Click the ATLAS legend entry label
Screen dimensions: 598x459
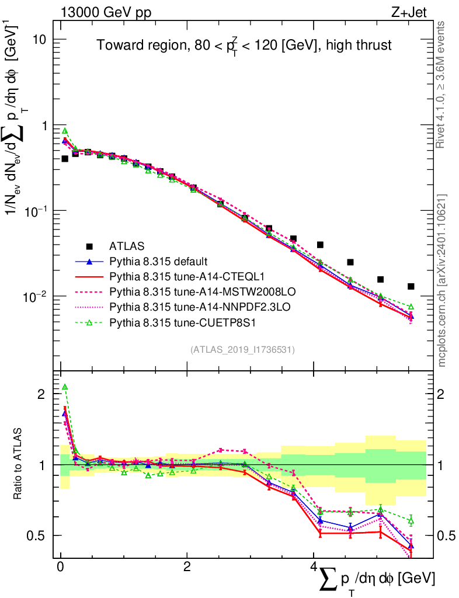tap(128, 246)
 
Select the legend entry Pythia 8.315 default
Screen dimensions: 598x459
tap(158, 261)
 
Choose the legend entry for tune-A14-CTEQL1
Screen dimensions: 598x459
tap(174, 276)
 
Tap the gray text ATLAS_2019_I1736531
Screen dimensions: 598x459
tap(242, 350)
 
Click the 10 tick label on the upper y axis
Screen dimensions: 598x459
tap(40, 39)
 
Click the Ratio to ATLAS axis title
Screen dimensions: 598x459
tap(18, 464)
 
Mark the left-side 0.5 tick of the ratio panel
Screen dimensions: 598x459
tap(41, 536)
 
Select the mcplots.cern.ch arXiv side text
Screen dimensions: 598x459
tap(443, 280)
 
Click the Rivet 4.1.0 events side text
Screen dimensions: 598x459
tap(443, 85)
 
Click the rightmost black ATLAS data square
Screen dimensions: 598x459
tap(411, 286)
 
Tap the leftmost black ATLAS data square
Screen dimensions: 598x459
tap(65, 158)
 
